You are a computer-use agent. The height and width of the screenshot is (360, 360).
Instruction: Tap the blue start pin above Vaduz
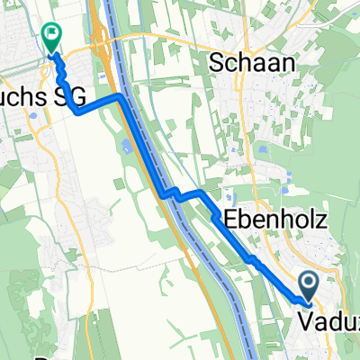[x=308, y=287]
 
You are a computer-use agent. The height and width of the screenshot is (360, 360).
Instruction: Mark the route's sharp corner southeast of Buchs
[x=76, y=113]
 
